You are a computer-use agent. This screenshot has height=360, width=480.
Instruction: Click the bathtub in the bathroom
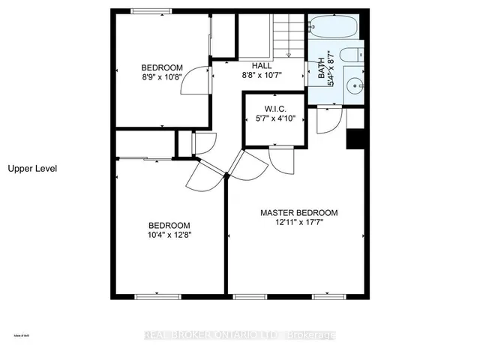pyautogui.click(x=334, y=28)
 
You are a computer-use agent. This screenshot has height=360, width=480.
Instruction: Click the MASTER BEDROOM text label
pyautogui.click(x=298, y=212)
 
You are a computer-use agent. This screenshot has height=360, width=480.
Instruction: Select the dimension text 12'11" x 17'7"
pyautogui.click(x=298, y=223)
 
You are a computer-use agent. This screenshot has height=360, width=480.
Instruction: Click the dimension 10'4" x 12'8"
pyautogui.click(x=168, y=235)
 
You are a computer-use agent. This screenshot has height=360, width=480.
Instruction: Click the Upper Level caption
pyautogui.click(x=32, y=169)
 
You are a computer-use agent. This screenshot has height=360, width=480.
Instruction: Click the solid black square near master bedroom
pyautogui.click(x=355, y=140)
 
